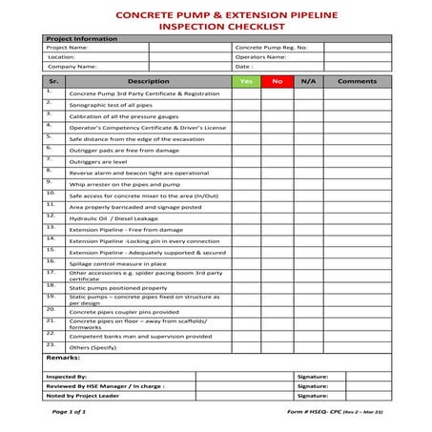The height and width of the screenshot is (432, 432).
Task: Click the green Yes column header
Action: pyautogui.click(x=246, y=82)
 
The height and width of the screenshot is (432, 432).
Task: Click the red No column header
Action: pyautogui.click(x=278, y=82)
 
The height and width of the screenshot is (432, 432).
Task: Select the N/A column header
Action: pyautogui.click(x=308, y=82)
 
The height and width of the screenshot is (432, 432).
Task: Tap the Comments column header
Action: pyautogui.click(x=358, y=82)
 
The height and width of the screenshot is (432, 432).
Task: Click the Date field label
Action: pyautogui.click(x=244, y=67)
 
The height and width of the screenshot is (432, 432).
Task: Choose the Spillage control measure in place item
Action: pyautogui.click(x=118, y=264)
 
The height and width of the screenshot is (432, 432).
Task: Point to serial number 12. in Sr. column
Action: pyautogui.click(x=51, y=216)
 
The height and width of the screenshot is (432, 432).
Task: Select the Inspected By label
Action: pyautogui.click(x=68, y=377)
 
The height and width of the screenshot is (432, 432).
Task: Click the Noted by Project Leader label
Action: pyautogui.click(x=86, y=395)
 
